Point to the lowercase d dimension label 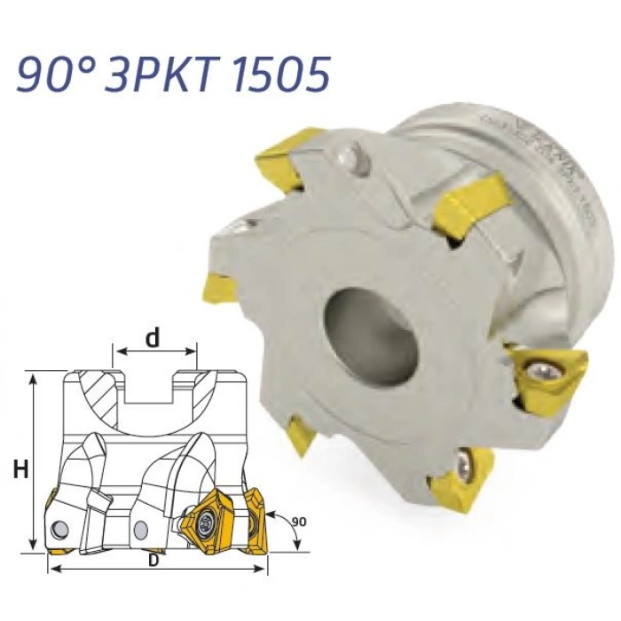pos(153,339)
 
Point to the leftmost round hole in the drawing pos(60,529)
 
